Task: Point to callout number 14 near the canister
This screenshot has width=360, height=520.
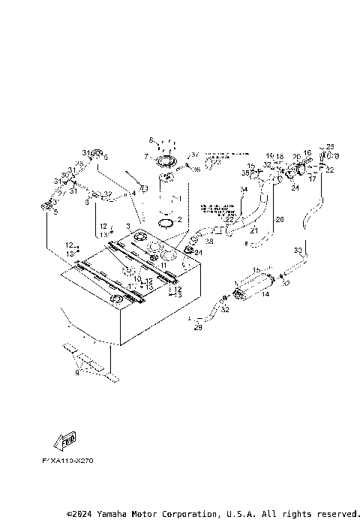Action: (265, 295)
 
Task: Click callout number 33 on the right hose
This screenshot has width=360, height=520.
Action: (298, 250)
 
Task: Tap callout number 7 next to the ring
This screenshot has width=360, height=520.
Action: (146, 156)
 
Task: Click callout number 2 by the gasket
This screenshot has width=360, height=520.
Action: (179, 220)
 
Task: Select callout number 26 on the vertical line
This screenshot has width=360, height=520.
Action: (280, 220)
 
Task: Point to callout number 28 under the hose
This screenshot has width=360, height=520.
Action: (209, 242)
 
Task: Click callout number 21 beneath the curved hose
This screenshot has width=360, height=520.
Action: (253, 230)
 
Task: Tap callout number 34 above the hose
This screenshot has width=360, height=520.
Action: (244, 190)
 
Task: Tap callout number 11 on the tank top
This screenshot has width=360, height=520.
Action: (163, 265)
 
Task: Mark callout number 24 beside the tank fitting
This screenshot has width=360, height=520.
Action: (199, 253)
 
